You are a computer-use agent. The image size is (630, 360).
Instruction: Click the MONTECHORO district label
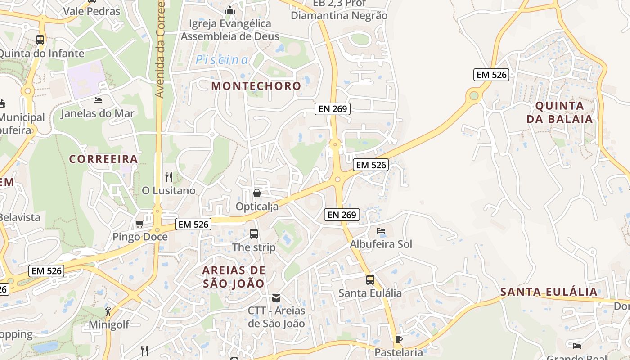click(256, 85)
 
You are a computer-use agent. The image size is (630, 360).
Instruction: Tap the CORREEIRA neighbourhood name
click(103, 159)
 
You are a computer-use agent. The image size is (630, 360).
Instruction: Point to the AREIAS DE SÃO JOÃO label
click(234, 277)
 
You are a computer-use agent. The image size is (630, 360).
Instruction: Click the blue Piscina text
click(222, 60)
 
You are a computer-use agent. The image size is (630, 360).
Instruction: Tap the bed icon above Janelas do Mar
click(98, 100)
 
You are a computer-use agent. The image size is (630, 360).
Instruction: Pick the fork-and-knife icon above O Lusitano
click(169, 177)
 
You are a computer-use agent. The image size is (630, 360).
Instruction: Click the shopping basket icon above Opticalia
click(257, 193)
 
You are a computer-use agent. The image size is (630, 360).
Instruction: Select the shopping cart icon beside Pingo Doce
click(139, 224)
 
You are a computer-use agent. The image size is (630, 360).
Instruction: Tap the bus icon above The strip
click(254, 234)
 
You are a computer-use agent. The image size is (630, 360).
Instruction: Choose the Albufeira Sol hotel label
click(381, 244)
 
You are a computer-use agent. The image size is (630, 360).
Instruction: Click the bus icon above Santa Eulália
click(370, 280)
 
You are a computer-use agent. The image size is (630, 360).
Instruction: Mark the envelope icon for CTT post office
click(276, 298)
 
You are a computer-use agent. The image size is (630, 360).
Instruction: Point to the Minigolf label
click(109, 324)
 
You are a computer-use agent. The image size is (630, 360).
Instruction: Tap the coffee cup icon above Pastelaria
click(398, 339)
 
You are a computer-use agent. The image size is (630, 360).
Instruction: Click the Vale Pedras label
click(92, 11)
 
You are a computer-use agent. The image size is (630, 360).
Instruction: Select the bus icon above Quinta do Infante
click(40, 40)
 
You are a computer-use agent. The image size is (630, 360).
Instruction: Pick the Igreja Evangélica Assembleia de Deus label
click(230, 30)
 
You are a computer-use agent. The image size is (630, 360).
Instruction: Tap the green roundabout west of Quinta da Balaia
click(474, 95)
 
